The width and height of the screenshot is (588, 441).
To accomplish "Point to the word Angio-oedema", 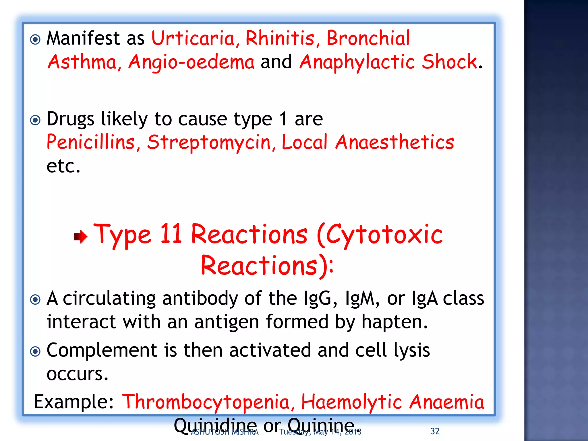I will click(191, 62).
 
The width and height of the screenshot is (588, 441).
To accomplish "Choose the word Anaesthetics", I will click(395, 142).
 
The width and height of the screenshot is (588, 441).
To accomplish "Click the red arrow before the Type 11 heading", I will click(81, 237).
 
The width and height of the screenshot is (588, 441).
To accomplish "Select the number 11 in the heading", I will click(171, 234).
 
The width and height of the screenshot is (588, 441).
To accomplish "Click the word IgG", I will click(320, 299).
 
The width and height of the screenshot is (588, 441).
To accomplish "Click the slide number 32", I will click(435, 431).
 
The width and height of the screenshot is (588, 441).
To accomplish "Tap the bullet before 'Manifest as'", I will click(35, 39).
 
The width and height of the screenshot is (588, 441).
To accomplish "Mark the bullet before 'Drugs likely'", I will click(35, 120).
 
